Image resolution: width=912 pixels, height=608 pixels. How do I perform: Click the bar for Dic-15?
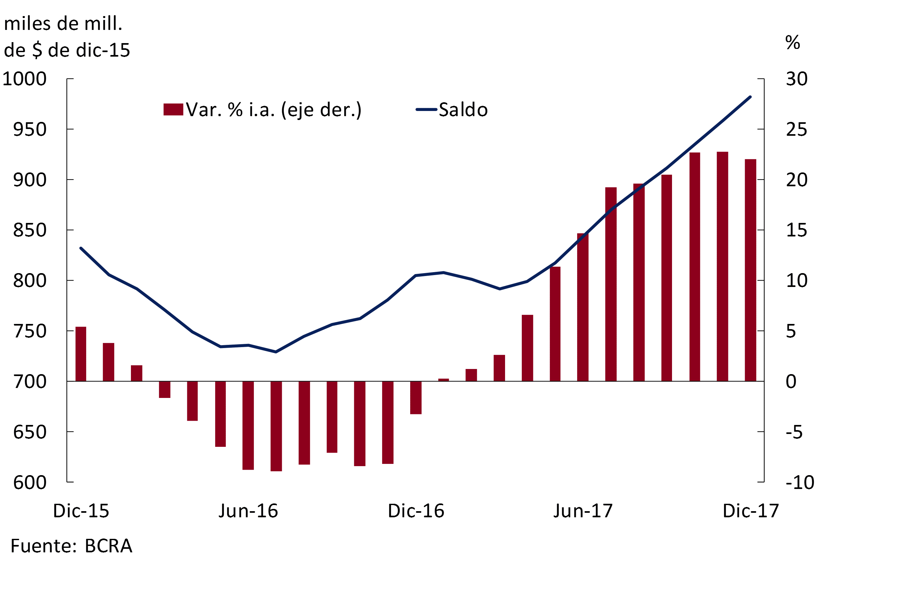(x=81, y=354)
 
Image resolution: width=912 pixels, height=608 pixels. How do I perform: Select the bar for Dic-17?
(x=750, y=270)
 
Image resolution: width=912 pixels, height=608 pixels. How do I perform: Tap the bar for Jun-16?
(x=248, y=425)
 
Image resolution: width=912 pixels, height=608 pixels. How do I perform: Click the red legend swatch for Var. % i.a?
(x=173, y=109)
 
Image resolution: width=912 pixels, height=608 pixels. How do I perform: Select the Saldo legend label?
(x=463, y=110)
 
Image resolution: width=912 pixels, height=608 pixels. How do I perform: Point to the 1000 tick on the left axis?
(x=24, y=79)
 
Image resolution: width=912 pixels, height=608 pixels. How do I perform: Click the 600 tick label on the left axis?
(x=30, y=482)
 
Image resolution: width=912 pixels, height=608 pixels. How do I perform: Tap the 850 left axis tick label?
(x=30, y=230)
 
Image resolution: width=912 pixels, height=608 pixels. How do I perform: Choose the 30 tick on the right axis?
(x=797, y=79)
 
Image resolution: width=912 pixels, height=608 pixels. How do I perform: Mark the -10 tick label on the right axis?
(x=799, y=482)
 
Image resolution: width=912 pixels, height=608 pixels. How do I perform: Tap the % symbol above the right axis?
(x=793, y=42)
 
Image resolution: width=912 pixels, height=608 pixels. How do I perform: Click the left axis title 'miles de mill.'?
(x=63, y=24)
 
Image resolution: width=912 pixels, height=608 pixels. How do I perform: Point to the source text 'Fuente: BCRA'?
(x=71, y=546)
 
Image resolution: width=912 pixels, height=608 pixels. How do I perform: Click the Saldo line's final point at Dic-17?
(x=750, y=97)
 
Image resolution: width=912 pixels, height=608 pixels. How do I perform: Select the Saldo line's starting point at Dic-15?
(x=81, y=248)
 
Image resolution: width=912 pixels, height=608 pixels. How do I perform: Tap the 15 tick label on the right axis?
(x=797, y=230)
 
